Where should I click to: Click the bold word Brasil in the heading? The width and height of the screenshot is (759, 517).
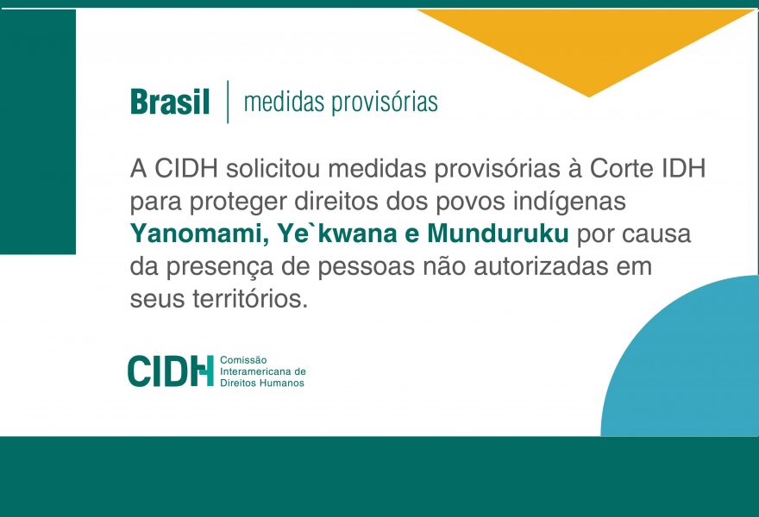pyautogui.click(x=170, y=102)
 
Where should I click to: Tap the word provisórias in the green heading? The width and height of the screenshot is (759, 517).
pyautogui.click(x=385, y=103)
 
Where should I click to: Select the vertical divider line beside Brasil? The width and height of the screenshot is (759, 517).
pyautogui.click(x=228, y=102)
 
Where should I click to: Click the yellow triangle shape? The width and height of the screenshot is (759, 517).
pyautogui.click(x=586, y=48)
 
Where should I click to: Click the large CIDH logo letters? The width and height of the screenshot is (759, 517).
pyautogui.click(x=171, y=371)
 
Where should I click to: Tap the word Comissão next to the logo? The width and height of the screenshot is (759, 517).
pyautogui.click(x=243, y=360)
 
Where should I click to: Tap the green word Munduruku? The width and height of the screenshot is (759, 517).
pyautogui.click(x=498, y=234)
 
